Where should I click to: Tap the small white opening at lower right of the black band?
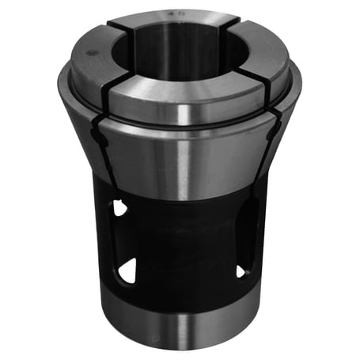pyautogui.click(x=240, y=272)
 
